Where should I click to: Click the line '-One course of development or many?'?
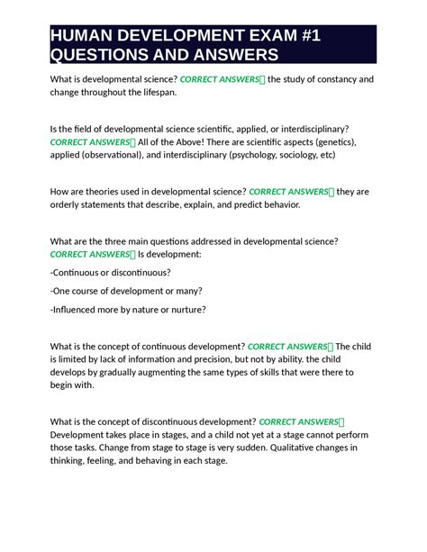(126, 291)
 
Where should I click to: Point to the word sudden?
(236, 447)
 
